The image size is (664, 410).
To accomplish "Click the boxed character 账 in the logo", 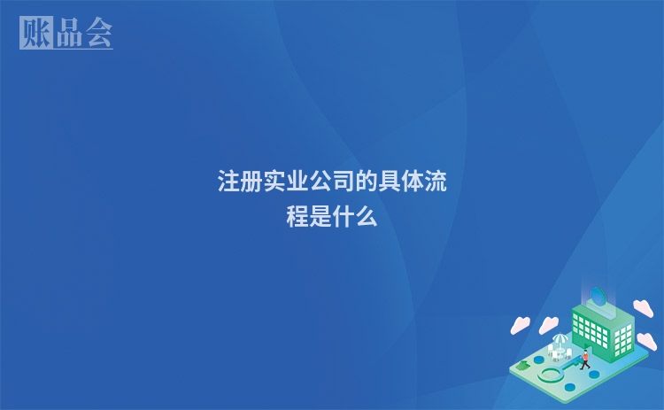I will [35, 33].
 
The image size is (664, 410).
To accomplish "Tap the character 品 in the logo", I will [67, 33].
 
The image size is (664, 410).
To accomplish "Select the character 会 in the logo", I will [97, 33].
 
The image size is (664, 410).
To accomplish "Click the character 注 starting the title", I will [229, 182].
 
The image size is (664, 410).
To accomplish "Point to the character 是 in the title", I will [320, 215].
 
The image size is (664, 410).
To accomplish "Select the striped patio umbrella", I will [560, 338].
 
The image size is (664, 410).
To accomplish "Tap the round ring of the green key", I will [551, 375].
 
